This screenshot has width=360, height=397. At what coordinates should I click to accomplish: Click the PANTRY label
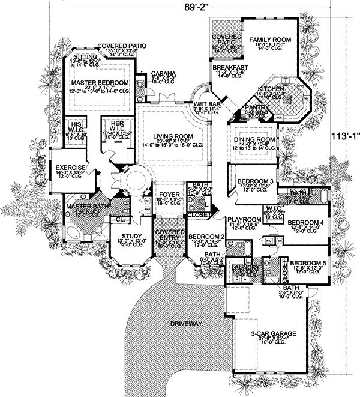coord(259,107)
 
